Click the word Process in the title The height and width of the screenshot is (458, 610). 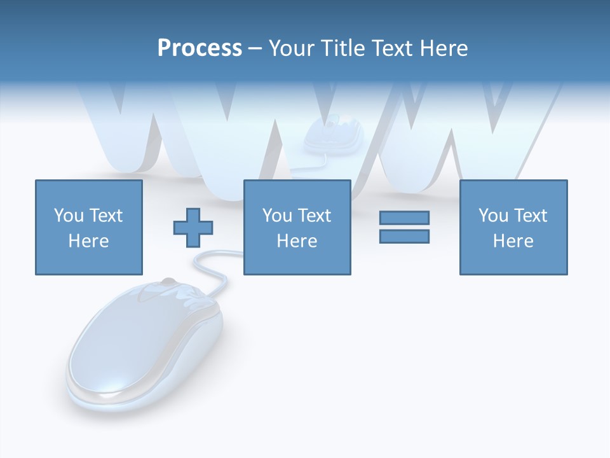point(200,48)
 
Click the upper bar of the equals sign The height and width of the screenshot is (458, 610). point(404,218)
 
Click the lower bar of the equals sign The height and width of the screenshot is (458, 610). point(404,236)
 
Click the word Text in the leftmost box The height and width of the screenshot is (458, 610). point(105,216)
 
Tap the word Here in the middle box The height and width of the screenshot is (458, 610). point(297,241)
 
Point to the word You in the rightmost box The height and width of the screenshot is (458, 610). point(493,216)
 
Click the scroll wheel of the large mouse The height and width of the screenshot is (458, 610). point(167,282)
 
